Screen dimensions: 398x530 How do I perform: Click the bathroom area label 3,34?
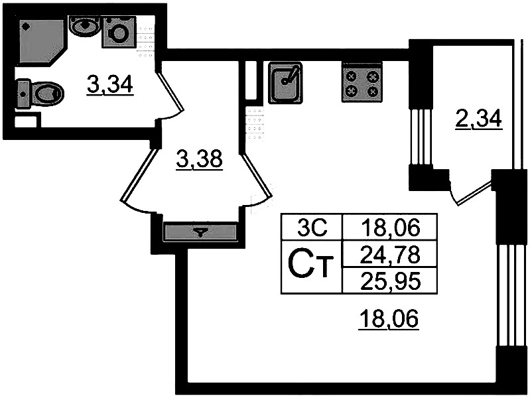(x=110, y=85)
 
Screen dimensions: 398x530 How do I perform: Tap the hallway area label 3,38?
(x=199, y=159)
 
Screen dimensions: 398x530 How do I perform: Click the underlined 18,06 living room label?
(x=389, y=321)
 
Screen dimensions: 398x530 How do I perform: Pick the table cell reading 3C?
(x=311, y=229)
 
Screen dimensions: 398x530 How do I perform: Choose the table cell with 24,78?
(x=391, y=253)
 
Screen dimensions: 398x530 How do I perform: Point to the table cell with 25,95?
(x=391, y=280)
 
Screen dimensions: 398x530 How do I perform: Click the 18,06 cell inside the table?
(x=391, y=229)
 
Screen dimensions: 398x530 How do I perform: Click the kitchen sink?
(x=285, y=82)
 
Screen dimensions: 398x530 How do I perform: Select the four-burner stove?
(x=362, y=83)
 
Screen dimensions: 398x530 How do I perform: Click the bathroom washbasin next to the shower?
(x=84, y=27)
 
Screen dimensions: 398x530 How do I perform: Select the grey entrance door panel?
(x=200, y=232)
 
